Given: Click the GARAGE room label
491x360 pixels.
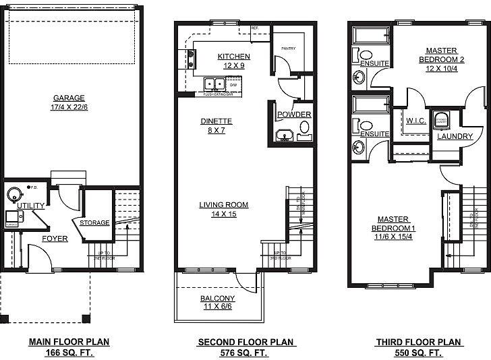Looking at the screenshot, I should pos(69,98).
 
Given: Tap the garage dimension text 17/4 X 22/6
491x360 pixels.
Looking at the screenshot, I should pos(69,107).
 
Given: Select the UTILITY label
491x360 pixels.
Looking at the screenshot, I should pos(31,206).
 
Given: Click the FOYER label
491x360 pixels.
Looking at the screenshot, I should pos(55,239).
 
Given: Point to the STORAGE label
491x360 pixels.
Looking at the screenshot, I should pos(94,222).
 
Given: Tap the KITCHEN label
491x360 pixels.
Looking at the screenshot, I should pos(234,57).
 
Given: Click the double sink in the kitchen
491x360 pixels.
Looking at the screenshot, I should pos(214,85).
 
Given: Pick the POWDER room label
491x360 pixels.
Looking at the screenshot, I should pos(294,115).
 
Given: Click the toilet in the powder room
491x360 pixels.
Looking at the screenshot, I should pos(304,127).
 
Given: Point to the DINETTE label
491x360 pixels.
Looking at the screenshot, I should pos(216,121).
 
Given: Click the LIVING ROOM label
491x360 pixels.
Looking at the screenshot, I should pos(223,205).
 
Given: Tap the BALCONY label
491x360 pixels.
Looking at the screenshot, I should pos(217,299).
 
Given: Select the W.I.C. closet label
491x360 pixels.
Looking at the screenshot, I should pos(414,121).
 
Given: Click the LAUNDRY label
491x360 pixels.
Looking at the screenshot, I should pos(455,136).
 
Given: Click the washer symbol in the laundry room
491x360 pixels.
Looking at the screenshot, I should pos(442,119).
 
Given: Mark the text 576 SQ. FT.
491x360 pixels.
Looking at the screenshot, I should pos(246,353).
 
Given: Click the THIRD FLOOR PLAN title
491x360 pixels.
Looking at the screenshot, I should pos(418,342).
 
